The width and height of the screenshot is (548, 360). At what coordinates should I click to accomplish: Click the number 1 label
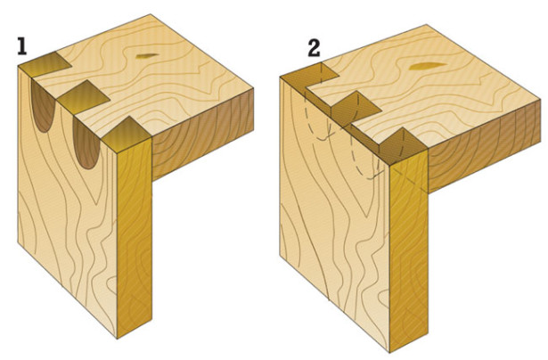22,46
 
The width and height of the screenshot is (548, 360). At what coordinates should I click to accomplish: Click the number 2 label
314,49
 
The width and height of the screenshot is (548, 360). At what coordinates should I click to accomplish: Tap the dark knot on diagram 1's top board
146,56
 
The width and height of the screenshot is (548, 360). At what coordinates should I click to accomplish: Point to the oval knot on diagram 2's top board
428,66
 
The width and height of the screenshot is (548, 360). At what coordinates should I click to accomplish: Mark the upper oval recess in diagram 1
44,105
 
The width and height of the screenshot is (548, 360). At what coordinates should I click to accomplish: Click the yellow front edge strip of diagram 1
135,238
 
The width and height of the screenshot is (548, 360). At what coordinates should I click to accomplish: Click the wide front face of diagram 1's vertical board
68,209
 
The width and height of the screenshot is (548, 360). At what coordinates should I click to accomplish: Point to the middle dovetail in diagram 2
355,109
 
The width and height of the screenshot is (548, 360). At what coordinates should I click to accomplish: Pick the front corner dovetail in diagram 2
402,146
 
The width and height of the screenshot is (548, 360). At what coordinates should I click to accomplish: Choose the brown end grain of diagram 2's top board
484,147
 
